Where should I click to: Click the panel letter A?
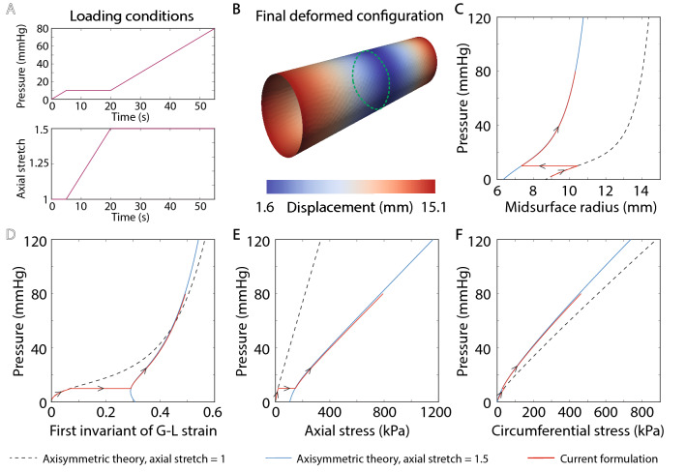(9, 10)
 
